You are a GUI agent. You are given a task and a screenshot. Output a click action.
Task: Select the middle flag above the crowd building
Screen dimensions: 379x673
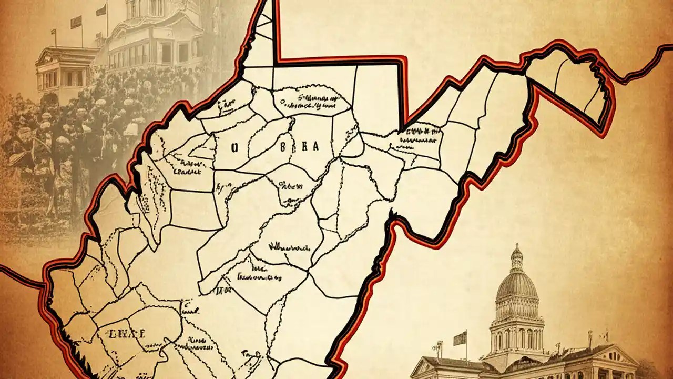click(x=76, y=22)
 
